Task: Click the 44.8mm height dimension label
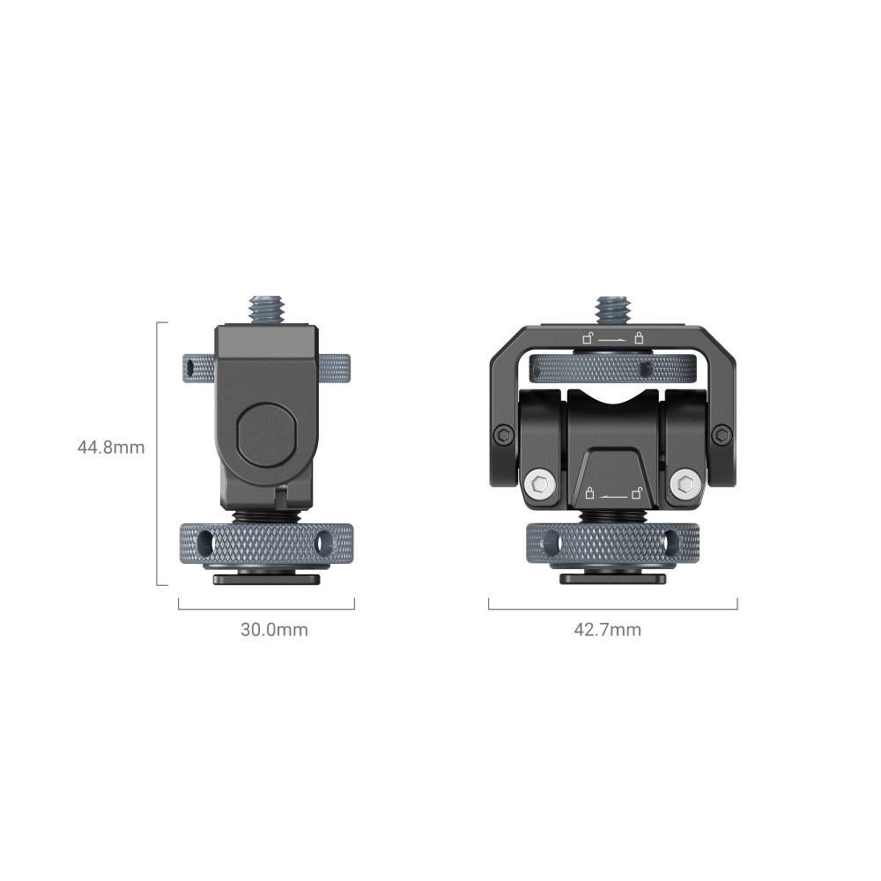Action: [x=111, y=448]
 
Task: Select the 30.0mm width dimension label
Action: [x=274, y=629]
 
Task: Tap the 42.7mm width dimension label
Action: [x=607, y=629]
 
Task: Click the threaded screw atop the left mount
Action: [x=268, y=310]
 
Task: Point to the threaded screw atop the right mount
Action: [x=613, y=310]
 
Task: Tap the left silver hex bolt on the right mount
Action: [x=540, y=484]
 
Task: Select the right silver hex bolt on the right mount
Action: [x=686, y=484]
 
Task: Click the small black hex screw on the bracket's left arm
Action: [x=503, y=434]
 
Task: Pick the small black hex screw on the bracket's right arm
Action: [x=722, y=434]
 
